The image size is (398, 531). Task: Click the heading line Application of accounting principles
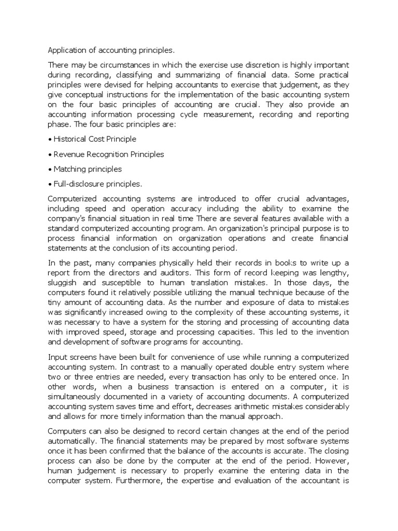coord(111,50)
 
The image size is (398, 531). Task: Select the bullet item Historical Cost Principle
coord(92,139)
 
